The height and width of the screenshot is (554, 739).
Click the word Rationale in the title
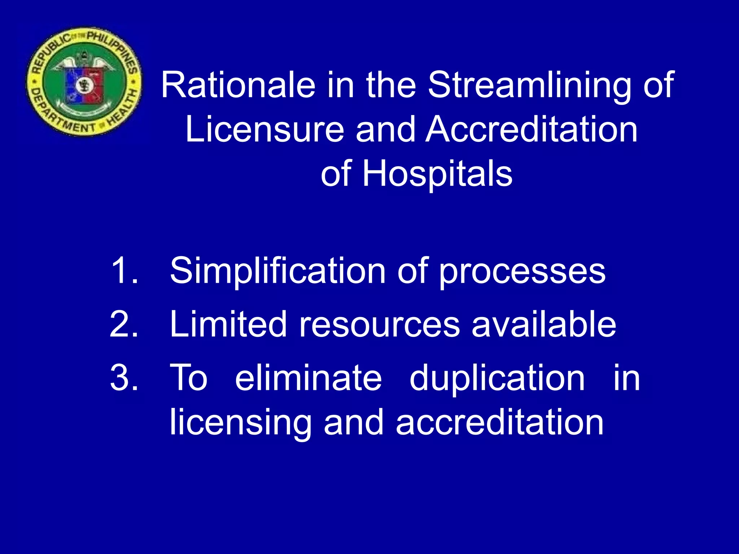tap(238, 85)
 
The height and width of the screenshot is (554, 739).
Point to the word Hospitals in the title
tap(437, 174)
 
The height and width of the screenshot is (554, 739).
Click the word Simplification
tap(278, 271)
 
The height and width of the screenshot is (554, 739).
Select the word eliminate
tap(308, 377)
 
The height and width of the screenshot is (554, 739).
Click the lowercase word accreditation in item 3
tap(499, 422)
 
